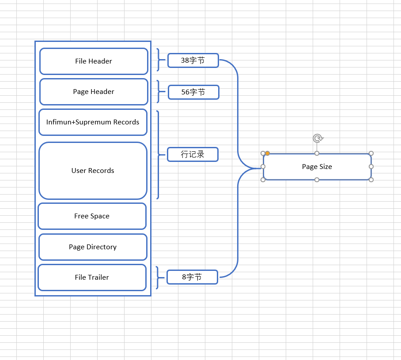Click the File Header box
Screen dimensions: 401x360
pos(94,61)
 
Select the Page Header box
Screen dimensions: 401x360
pos(94,92)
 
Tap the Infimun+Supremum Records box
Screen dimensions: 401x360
pos(93,122)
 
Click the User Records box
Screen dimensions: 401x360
pos(93,171)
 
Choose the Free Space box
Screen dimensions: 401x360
pos(92,216)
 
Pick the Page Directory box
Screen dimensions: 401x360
pos(93,247)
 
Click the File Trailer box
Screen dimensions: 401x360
pos(92,277)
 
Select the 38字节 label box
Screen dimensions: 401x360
pos(193,60)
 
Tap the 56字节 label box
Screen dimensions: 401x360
pos(193,92)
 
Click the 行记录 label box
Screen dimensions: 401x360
pos(193,154)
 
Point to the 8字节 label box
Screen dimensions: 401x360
pos(192,277)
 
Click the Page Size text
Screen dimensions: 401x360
pos(317,167)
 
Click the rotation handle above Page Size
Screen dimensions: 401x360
pos(318,139)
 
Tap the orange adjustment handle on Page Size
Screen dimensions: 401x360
pos(267,153)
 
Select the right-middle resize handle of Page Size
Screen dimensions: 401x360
pos(371,167)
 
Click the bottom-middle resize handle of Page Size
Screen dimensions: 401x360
pos(317,180)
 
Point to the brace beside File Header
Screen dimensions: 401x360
pos(159,60)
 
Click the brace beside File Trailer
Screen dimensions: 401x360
pos(158,277)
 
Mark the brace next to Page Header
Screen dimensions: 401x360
pos(159,91)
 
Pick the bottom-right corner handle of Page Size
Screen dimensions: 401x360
pos(371,180)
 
